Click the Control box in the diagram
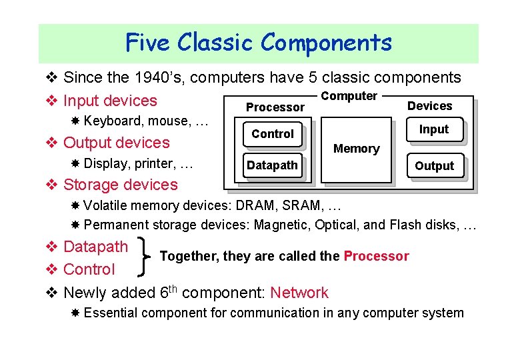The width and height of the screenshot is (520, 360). [273, 134]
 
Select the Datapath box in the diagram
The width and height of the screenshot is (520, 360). [273, 165]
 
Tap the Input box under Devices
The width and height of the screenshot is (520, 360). [434, 129]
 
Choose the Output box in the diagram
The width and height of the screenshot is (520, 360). [434, 166]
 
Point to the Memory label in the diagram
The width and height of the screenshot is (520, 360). [356, 149]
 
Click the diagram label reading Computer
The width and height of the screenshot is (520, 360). [349, 96]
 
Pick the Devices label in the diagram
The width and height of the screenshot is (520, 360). [429, 106]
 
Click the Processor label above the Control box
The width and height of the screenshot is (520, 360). [275, 107]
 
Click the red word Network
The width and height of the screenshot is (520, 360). [299, 293]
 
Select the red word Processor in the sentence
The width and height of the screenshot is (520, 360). [376, 256]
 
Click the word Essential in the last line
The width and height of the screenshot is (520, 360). [111, 313]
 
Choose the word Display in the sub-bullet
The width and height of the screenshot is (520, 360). [106, 163]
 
